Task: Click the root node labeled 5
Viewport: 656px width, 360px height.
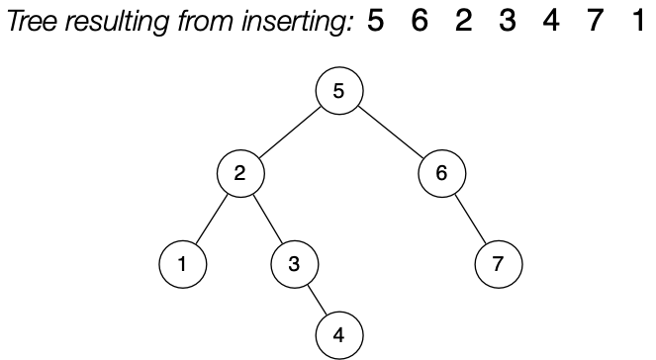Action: pos(339,93)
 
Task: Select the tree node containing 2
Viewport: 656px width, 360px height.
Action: pos(240,173)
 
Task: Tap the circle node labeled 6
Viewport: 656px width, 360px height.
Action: pos(441,173)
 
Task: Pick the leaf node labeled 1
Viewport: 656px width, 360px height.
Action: pos(183,264)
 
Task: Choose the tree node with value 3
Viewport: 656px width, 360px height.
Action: pos(294,264)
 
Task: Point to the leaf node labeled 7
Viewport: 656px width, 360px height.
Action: pos(497,264)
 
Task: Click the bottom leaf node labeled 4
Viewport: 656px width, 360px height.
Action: pos(339,334)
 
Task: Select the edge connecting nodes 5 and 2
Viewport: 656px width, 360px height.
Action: pos(290,133)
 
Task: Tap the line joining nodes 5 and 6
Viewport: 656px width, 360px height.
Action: pos(391,133)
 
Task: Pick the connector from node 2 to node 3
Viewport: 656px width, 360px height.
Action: pos(267,219)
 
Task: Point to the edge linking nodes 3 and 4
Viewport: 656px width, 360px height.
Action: pos(317,300)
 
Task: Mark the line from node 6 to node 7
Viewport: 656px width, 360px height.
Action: pos(469,219)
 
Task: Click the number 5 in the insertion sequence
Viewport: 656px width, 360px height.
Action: pos(375,20)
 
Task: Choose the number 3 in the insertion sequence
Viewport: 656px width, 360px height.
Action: pos(508,20)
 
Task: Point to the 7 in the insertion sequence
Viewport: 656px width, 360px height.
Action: pos(595,20)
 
